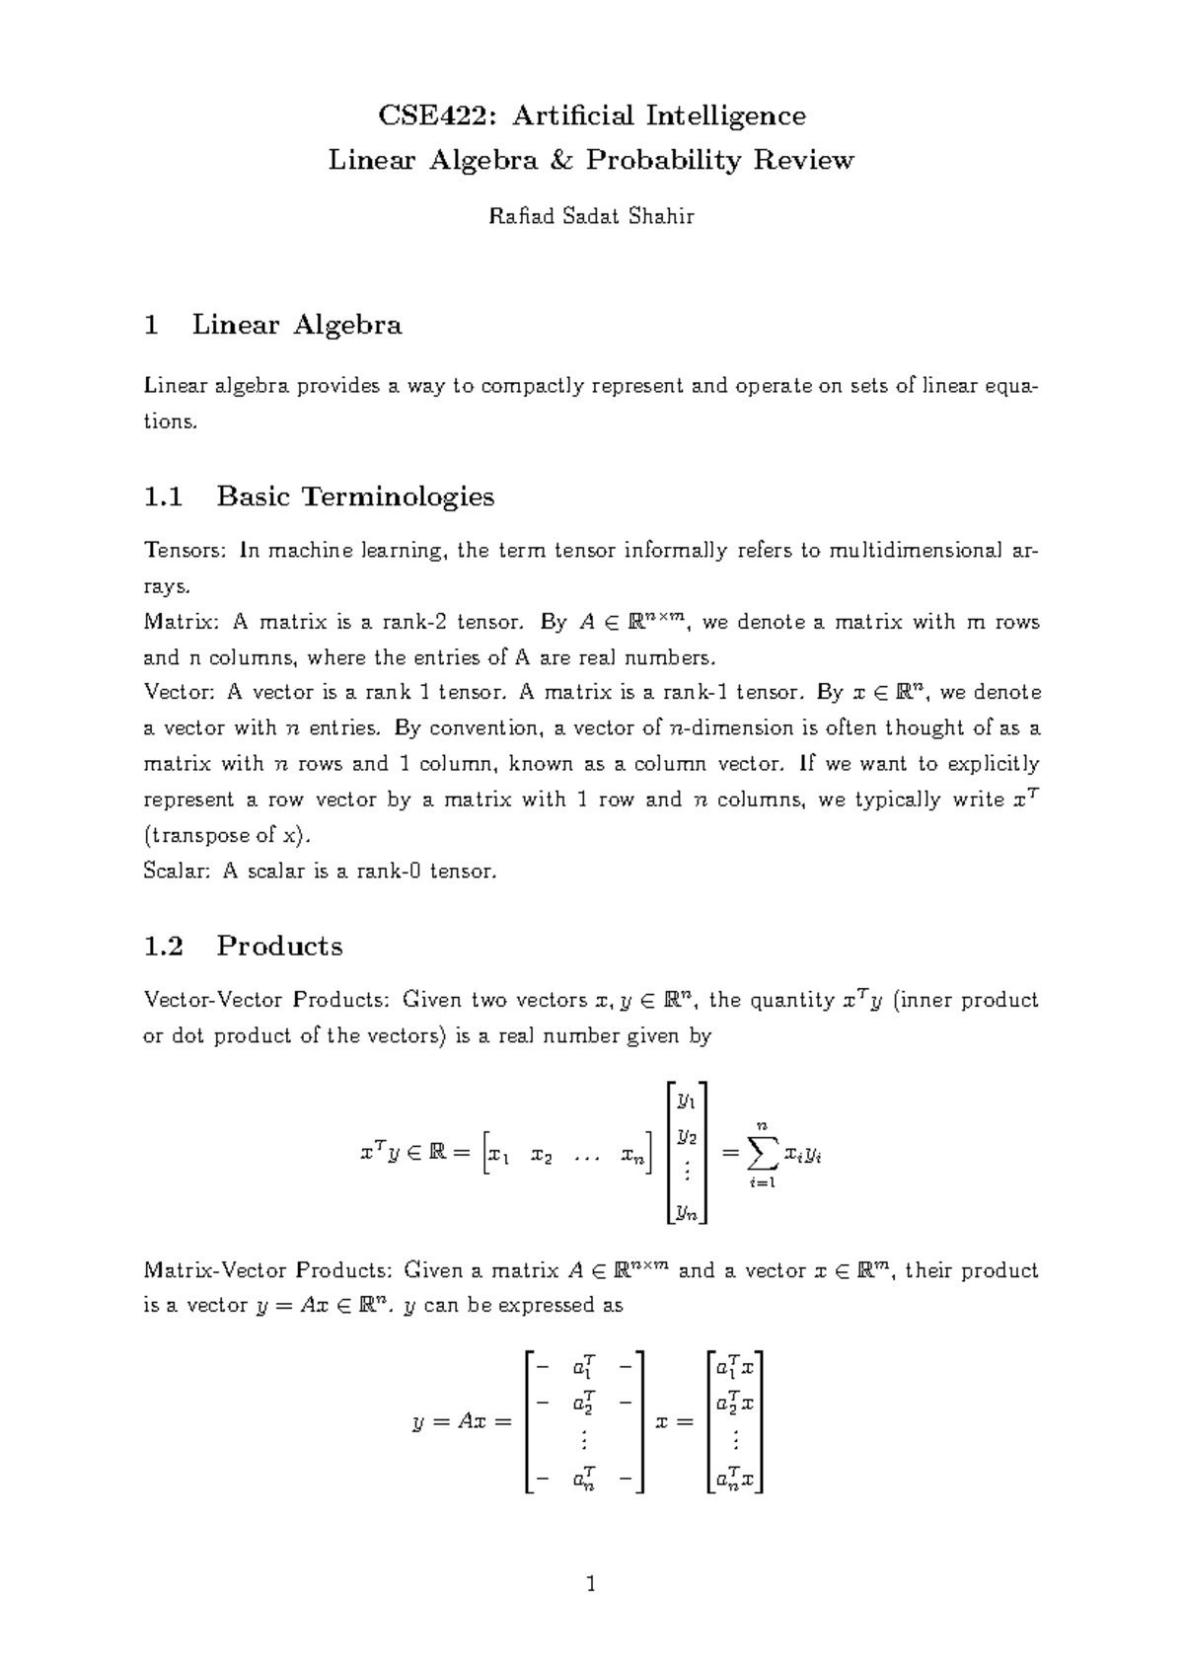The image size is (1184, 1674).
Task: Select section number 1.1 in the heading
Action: [164, 495]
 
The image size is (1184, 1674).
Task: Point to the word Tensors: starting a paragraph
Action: [185, 551]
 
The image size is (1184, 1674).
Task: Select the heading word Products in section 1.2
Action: [279, 946]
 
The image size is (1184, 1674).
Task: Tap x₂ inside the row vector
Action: [541, 1155]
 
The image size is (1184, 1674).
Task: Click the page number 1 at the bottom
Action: [591, 1585]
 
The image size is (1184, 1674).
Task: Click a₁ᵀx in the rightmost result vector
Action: [735, 1369]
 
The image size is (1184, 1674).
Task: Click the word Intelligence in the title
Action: [725, 116]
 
